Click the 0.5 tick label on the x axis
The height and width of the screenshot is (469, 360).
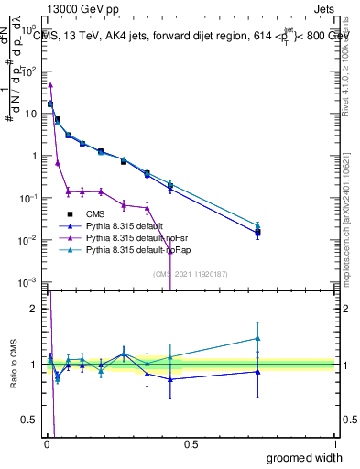(191, 444)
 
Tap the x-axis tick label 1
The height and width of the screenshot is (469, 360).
(335, 444)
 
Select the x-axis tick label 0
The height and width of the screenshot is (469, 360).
(46, 444)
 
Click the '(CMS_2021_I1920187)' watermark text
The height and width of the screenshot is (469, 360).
(190, 272)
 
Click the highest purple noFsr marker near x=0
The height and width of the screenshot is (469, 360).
(50, 85)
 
